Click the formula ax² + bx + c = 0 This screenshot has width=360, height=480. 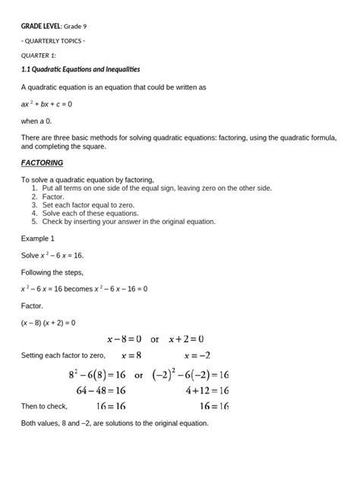[x=46, y=103]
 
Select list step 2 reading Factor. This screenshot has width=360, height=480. [x=52, y=196]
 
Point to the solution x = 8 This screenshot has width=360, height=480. [x=137, y=355]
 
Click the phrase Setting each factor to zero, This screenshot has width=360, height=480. [x=64, y=355]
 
